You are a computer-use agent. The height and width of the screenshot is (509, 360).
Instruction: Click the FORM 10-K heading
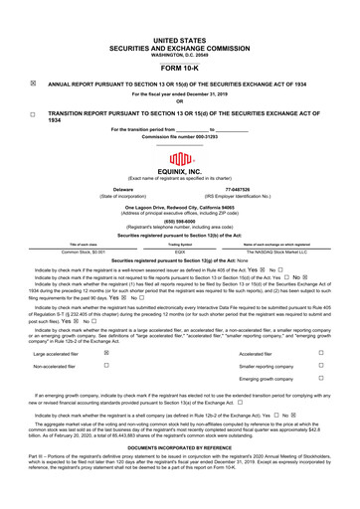coord(180,67)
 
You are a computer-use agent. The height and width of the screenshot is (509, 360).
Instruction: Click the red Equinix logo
coord(180,160)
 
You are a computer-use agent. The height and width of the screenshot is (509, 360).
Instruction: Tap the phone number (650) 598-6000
coord(180,223)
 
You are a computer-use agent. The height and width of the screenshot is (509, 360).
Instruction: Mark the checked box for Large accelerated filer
coord(106,352)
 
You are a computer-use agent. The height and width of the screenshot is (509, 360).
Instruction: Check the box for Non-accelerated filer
coord(106,366)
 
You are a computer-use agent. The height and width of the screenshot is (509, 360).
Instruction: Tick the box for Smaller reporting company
coord(320,366)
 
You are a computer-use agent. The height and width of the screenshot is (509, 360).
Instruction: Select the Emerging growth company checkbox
coord(320,380)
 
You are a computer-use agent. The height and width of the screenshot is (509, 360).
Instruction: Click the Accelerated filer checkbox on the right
coord(320,352)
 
